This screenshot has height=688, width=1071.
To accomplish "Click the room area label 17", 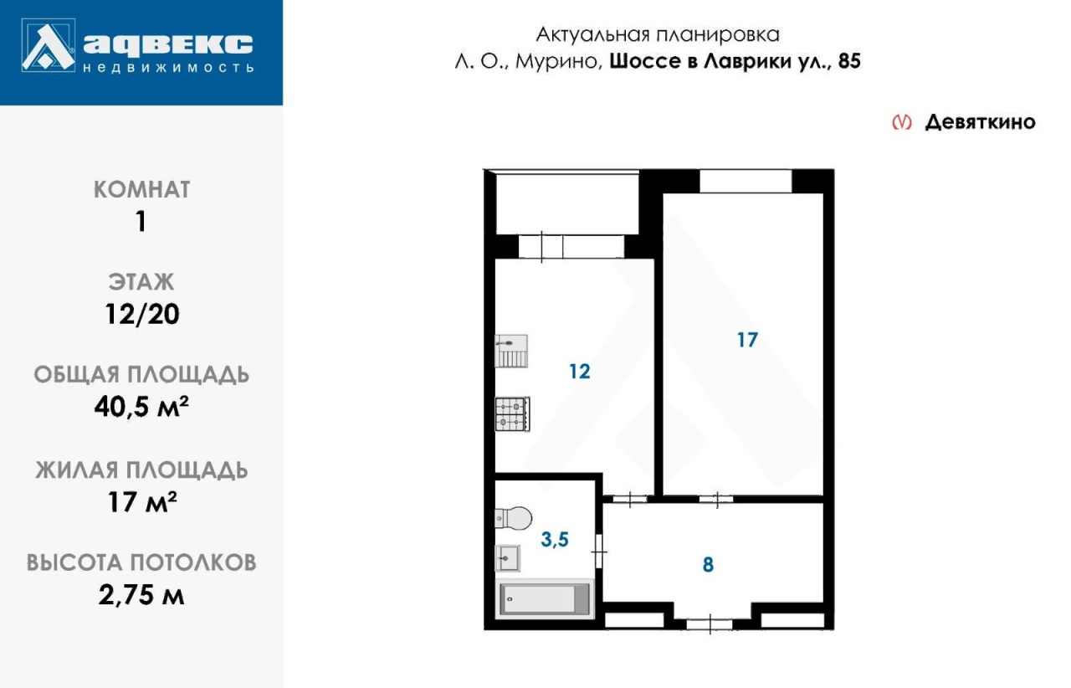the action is coord(747,340).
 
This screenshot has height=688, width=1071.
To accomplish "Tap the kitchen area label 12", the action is coord(580,372).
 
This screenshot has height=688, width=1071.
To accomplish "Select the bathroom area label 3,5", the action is coord(555,539).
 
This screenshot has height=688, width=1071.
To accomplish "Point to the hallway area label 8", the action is coord(708,565).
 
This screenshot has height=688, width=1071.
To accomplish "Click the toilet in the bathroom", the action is coord(513,518).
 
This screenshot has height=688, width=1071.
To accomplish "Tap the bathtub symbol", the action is coord(545,599).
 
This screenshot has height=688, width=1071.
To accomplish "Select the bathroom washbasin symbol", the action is coord(507,558).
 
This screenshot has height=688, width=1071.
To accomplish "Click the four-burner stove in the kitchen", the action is coord(512,414).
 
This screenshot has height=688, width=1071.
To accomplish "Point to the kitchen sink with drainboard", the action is coord(511,351).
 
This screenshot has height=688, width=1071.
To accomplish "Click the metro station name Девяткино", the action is coord(980,122).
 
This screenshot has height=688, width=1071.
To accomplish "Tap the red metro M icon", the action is coord(902,122).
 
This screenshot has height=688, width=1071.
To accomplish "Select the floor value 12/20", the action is coord(142,315).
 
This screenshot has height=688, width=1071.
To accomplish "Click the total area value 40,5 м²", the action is coord(141,407).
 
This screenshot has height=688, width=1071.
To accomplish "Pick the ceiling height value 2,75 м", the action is coord(141,595).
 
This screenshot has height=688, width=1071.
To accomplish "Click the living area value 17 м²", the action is coord(142,502).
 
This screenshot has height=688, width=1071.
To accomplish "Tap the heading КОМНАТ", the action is coord(142,189).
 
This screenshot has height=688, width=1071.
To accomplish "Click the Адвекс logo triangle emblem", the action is coord(49,45).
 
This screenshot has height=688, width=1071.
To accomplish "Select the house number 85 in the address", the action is coord(849,61).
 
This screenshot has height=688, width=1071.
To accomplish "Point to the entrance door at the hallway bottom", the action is coord(710,624).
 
